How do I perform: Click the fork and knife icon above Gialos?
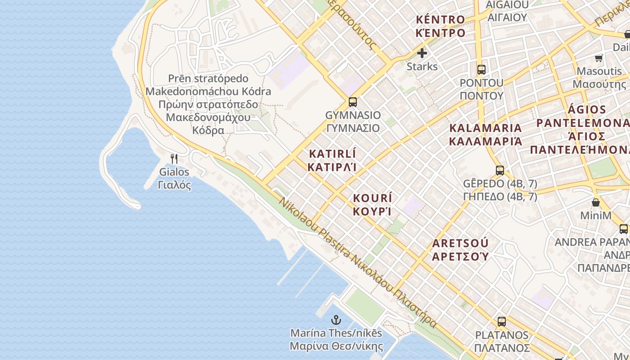[174, 158]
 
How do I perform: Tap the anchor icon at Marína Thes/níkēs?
[336, 320]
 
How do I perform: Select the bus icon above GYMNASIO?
[353, 102]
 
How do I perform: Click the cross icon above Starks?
[422, 53]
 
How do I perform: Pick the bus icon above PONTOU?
[481, 70]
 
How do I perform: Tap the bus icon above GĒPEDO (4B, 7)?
[500, 171]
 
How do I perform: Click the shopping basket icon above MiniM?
[595, 202]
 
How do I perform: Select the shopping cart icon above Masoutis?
[599, 58]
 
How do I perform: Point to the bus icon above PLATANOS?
[502, 322]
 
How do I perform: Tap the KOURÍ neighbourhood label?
[373, 198]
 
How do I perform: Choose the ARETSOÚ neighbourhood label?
[460, 243]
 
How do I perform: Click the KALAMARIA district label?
[486, 128]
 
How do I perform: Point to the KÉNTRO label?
[440, 19]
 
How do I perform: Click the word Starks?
[422, 67]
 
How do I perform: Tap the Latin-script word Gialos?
[174, 172]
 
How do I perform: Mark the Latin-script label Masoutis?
[599, 71]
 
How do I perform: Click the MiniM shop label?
[595, 216]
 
